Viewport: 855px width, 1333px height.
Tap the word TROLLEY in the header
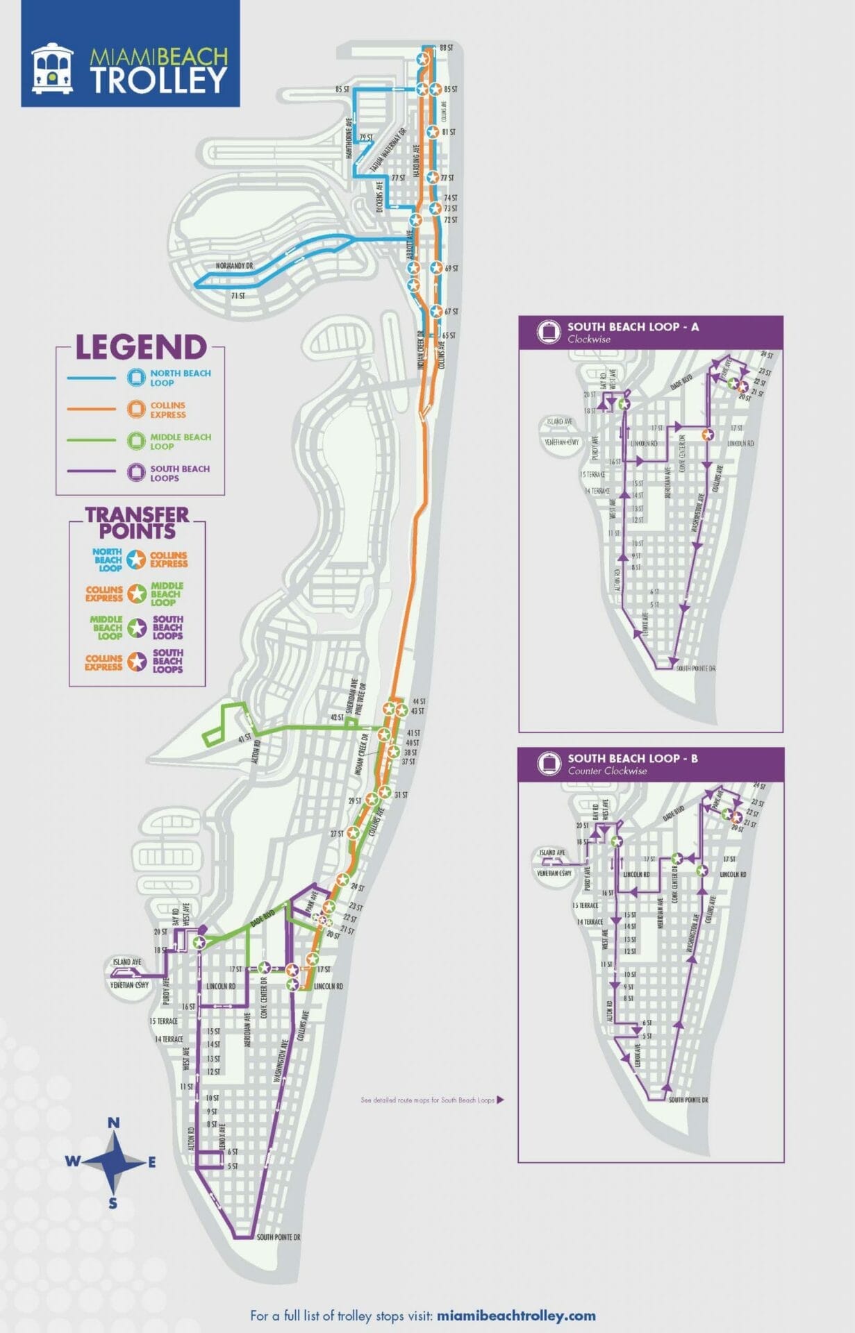coord(158,81)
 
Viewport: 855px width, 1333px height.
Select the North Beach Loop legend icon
coord(135,378)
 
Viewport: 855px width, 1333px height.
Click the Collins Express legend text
coord(168,410)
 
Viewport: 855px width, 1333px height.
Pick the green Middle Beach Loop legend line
coord(91,439)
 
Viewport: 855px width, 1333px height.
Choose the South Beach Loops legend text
coord(179,473)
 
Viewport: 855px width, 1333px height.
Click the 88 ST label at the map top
coord(446,48)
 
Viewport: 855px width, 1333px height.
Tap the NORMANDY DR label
coord(234,266)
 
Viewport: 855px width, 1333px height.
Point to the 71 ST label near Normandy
coord(238,296)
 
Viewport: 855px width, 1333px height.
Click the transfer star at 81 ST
coord(432,132)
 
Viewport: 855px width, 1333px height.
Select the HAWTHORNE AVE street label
coord(349,137)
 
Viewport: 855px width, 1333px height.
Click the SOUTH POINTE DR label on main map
coord(278,1237)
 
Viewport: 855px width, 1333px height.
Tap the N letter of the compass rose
coord(114,1123)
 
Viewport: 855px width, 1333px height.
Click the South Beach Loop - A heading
coord(632,326)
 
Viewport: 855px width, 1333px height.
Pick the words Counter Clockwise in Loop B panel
coord(606,771)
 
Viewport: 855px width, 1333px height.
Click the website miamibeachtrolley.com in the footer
coord(517,1316)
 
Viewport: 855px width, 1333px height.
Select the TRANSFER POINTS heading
coord(137,523)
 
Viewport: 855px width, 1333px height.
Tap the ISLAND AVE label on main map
coord(127,962)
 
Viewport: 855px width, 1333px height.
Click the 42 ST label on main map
coord(336,717)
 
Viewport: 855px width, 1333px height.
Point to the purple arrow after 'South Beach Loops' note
coord(500,1100)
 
